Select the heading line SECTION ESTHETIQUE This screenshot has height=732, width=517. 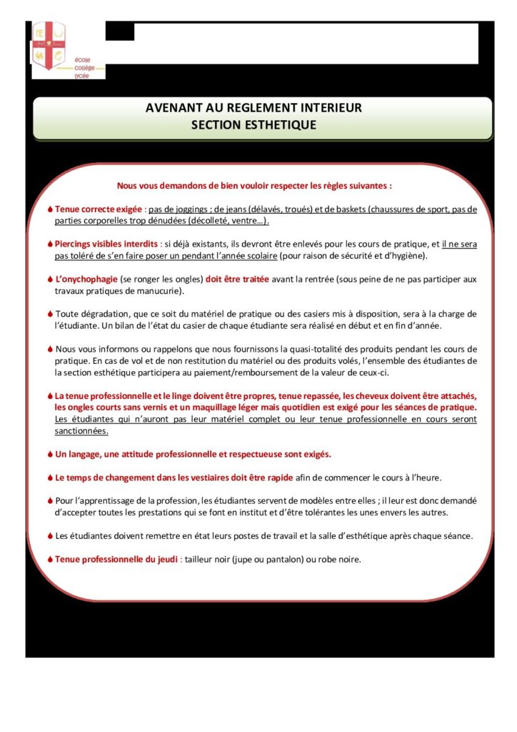point(254,124)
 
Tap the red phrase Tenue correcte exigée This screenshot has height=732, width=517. point(99,209)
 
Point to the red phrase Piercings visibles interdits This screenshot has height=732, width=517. point(106,244)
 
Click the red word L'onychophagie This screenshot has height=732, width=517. point(89,279)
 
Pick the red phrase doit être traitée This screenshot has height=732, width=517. point(237,279)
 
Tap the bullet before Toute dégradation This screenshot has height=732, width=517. point(50,314)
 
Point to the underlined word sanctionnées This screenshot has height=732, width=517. point(81,431)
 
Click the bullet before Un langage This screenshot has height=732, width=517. point(50,454)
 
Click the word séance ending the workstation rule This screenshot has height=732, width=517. point(456,536)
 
